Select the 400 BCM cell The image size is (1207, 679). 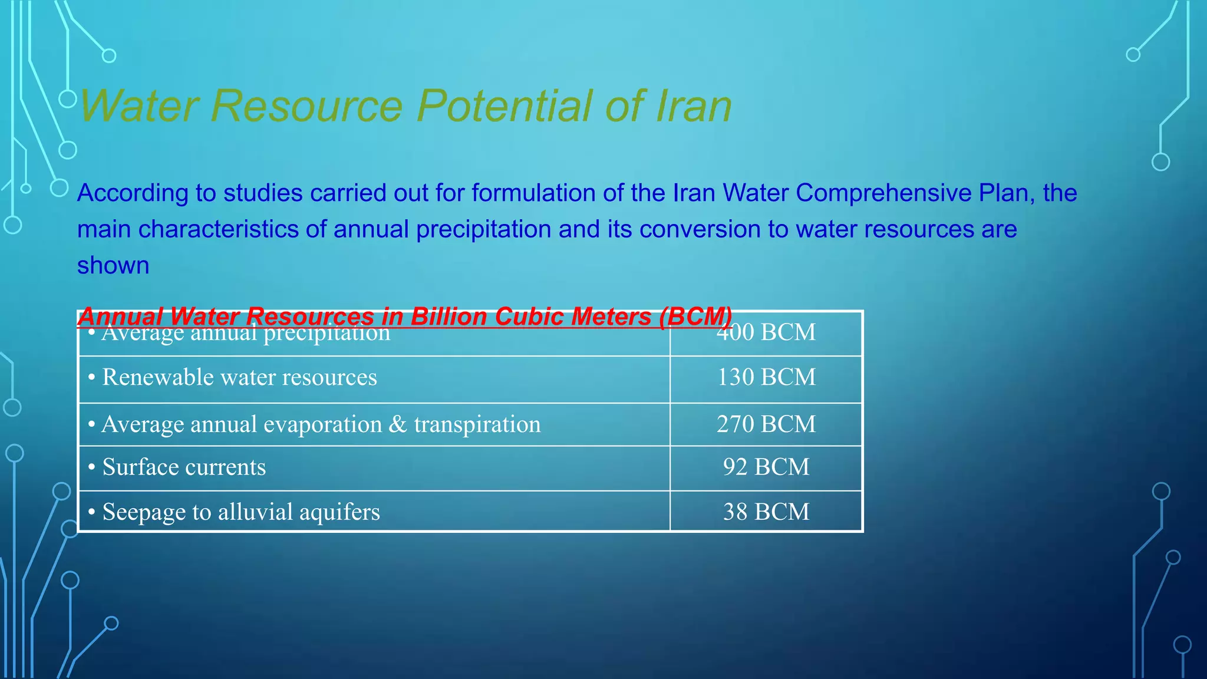766,333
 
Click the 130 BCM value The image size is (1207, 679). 766,377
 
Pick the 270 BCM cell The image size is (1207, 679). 766,424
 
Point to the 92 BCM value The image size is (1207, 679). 766,467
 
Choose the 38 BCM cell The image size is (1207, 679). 766,512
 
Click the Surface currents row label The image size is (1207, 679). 184,467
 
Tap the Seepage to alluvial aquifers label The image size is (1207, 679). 240,512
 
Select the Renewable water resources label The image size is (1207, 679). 239,377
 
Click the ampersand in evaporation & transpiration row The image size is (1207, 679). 398,424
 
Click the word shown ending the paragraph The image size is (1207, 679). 113,266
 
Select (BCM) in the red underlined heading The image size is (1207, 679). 695,317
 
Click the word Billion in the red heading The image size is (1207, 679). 448,317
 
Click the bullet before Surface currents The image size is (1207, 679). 91,467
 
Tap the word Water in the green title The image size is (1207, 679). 139,106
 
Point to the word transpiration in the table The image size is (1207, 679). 477,424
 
